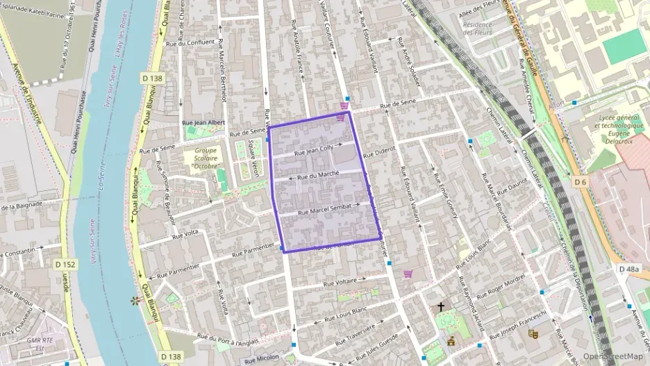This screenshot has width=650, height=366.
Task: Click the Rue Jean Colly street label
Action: [314, 148]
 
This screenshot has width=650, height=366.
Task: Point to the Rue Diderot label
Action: [378, 151]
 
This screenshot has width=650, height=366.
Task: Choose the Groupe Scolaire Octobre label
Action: [206, 158]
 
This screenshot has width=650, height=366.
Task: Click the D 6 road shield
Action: [581, 182]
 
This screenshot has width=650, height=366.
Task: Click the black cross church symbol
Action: [440, 306]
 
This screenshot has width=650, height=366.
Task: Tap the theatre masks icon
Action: [533, 334]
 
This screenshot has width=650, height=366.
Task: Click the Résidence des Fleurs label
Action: [477, 28]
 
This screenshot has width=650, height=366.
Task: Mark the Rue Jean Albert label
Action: [203, 122]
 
